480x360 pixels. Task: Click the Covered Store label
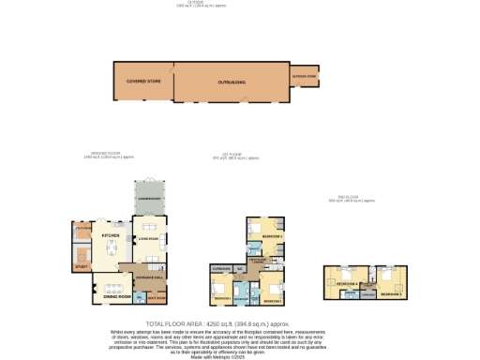[139, 82]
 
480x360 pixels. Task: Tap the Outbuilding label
[232, 82]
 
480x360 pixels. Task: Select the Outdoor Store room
[305, 76]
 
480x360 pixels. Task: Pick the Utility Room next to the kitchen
[82, 227]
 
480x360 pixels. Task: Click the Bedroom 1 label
[222, 298]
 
